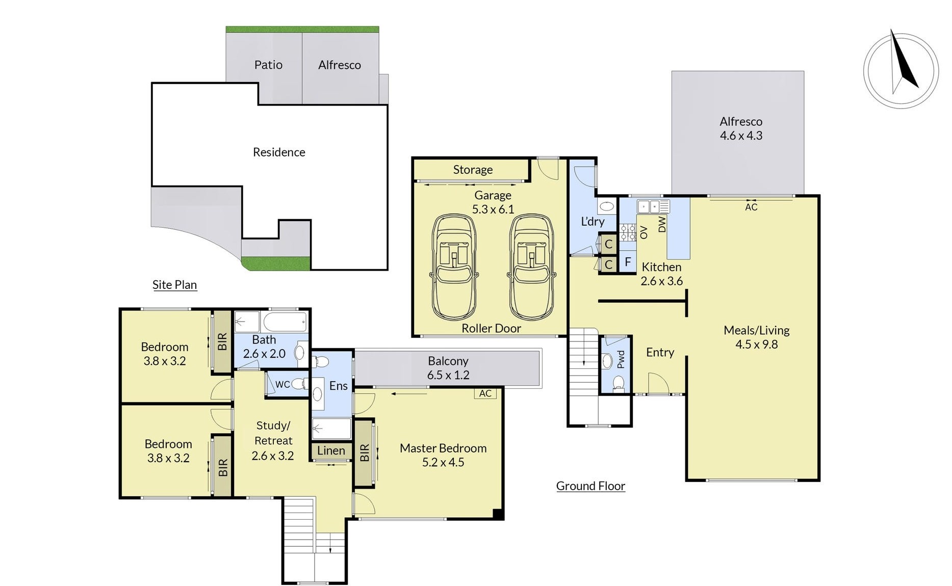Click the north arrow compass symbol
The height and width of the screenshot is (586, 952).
(901, 70)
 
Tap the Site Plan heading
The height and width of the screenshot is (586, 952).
(174, 285)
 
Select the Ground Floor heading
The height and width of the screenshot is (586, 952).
(590, 486)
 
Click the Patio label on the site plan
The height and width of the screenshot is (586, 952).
(268, 65)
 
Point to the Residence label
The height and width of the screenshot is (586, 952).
(279, 152)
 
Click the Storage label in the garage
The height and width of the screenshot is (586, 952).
(473, 170)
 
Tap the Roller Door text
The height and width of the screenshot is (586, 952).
(491, 328)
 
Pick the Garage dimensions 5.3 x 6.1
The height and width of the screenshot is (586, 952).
(493, 209)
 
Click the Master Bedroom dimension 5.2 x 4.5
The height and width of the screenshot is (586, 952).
(443, 462)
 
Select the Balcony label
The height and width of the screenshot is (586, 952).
(448, 361)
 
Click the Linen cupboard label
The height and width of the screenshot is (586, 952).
(331, 450)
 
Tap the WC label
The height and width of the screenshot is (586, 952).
(282, 384)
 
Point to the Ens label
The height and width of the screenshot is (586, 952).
(339, 386)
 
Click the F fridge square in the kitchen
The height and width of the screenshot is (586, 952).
(628, 262)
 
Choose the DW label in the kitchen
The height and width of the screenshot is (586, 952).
(662, 224)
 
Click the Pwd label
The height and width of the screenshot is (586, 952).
(621, 360)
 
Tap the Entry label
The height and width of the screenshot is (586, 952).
(660, 353)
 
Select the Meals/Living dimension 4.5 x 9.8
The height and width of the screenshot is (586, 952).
(757, 344)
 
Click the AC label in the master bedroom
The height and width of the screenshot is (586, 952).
(485, 393)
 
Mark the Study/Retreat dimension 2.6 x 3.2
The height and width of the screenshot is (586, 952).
(273, 456)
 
